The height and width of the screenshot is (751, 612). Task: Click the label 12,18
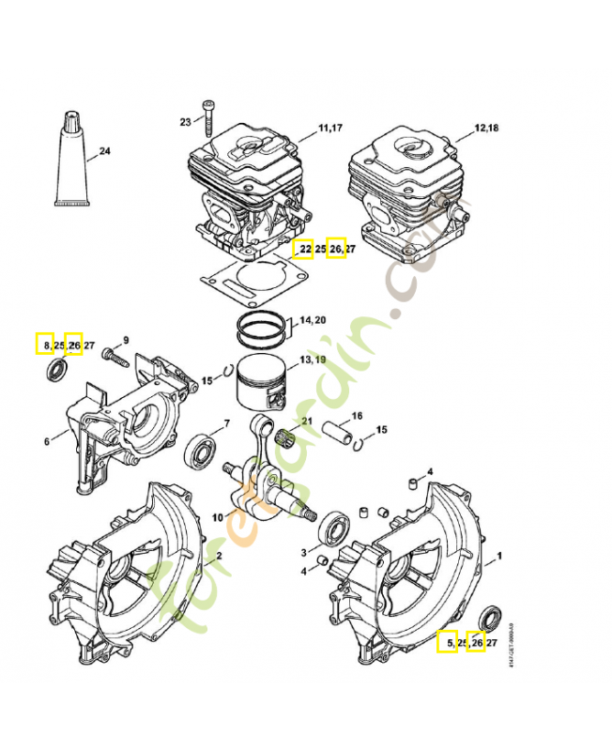tap(487, 127)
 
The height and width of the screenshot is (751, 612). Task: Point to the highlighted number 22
tap(304, 249)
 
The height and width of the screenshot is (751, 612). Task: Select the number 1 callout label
tap(498, 556)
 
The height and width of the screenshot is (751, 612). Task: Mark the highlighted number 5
tap(449, 643)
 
